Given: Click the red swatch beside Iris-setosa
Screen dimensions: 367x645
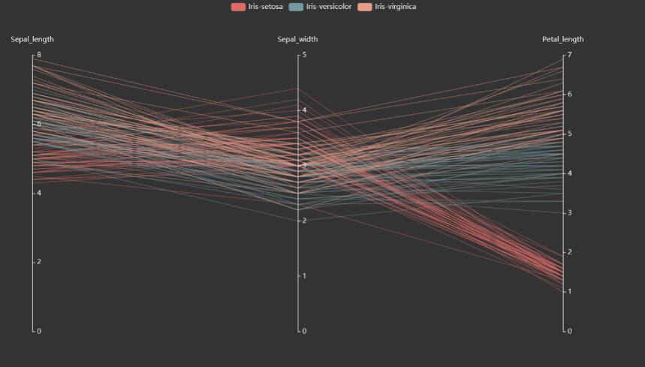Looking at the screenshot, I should (x=238, y=7).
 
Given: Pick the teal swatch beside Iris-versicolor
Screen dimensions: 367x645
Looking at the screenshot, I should (x=296, y=7).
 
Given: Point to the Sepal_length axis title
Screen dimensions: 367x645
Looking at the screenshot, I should (x=32, y=39).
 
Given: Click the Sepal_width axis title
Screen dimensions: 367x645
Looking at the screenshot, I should (x=298, y=39).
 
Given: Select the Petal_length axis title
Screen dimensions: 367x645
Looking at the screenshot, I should (x=563, y=39).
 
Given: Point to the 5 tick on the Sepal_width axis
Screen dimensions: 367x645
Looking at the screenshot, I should (x=304, y=55).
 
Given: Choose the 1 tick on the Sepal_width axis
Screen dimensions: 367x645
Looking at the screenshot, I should (x=304, y=275).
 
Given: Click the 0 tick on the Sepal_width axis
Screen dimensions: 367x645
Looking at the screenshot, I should (x=304, y=330).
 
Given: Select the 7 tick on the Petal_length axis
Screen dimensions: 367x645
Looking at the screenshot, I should (x=569, y=55).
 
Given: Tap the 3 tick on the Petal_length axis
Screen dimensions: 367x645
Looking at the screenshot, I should (x=569, y=212).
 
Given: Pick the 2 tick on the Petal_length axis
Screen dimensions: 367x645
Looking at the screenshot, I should (x=569, y=251).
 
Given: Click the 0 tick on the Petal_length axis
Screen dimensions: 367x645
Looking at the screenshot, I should (x=569, y=330).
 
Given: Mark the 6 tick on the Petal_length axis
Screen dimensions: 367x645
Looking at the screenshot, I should (x=569, y=94).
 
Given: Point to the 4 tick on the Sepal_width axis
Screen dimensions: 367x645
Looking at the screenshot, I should (x=304, y=110).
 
